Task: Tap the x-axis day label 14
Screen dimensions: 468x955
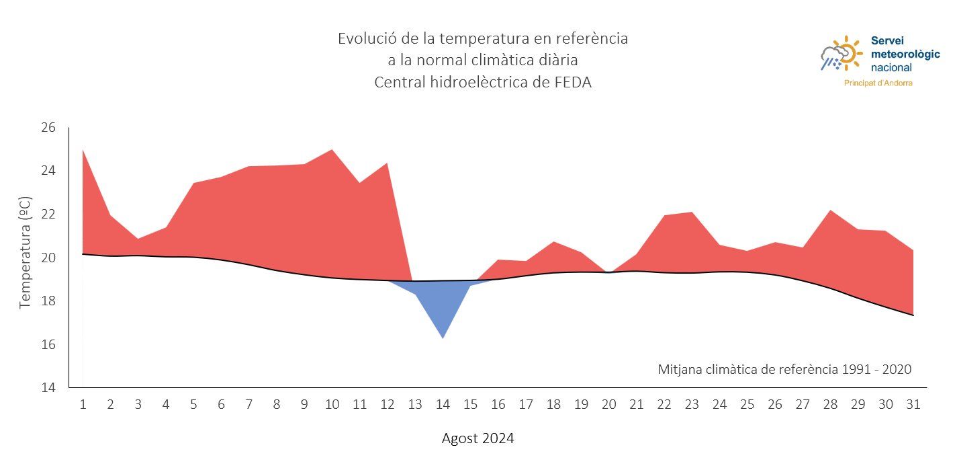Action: [x=443, y=405]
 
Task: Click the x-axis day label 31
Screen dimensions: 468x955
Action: [x=913, y=405]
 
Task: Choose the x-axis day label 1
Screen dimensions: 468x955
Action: [x=83, y=405]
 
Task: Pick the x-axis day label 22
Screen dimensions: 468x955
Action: [x=664, y=405]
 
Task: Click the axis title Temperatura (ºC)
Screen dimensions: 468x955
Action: [x=26, y=253]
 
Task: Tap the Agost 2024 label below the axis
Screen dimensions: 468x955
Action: [x=478, y=439]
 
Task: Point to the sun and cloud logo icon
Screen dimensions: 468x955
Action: [x=840, y=54]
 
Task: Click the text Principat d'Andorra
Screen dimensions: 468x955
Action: [x=878, y=83]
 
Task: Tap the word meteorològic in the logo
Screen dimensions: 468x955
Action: [x=905, y=54]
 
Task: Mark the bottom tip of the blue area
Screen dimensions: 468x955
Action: [x=443, y=338]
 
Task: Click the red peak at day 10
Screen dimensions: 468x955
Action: [x=332, y=150]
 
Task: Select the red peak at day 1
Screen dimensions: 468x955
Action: [x=83, y=151]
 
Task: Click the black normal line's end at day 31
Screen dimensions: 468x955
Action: [x=913, y=315]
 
